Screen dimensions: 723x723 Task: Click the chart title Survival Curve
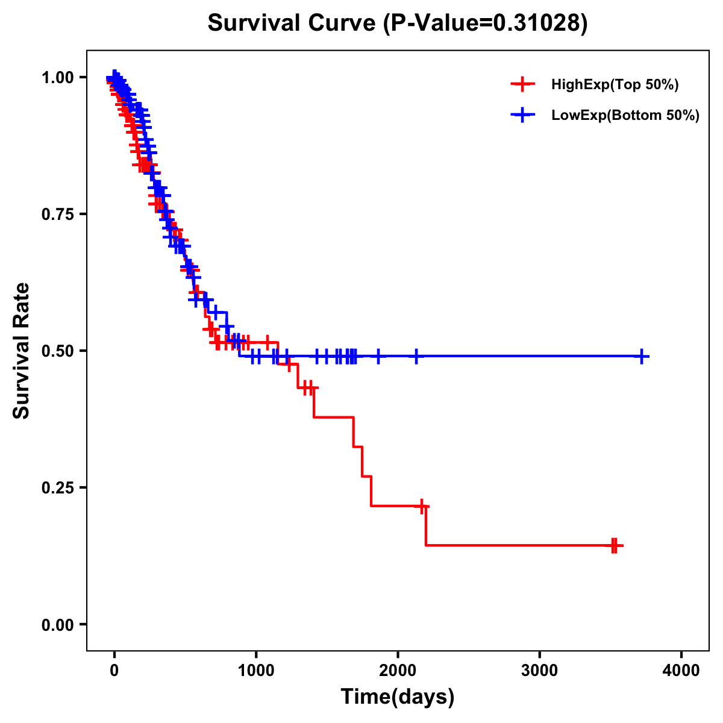[x=293, y=23]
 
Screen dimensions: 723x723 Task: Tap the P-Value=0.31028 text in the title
[x=486, y=23]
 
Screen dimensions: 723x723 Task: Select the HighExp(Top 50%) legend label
[x=615, y=85]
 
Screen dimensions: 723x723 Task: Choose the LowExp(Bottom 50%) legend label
[x=625, y=116]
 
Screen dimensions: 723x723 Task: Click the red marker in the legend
[x=522, y=84]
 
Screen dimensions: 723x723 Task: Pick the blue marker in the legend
[x=522, y=115]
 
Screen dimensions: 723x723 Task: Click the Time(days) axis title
[x=398, y=697]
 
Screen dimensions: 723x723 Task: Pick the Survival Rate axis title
[x=22, y=351]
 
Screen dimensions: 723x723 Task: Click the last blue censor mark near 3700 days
[x=642, y=357]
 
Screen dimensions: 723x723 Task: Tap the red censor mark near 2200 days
[x=422, y=506]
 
